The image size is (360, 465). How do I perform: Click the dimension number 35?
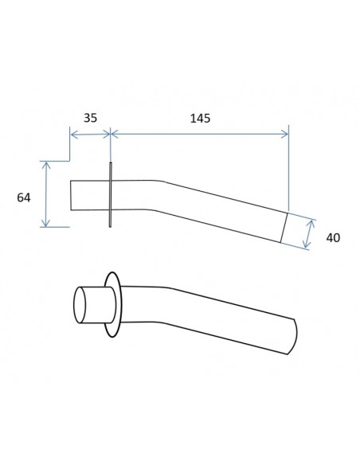tap(90, 118)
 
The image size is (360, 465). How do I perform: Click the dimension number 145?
tap(200, 119)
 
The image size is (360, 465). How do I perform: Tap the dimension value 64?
tap(24, 197)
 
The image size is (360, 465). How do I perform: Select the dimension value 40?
tap(333, 238)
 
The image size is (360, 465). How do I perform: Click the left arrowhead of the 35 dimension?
tap(74, 135)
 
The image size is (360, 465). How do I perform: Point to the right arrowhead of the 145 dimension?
tap(284, 135)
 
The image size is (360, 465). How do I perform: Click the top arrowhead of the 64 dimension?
tap(45, 166)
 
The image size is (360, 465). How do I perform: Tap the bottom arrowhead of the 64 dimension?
tap(45, 223)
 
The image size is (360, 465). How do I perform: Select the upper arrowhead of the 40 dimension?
tap(311, 225)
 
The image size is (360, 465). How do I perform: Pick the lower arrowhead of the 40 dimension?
tap(307, 244)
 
